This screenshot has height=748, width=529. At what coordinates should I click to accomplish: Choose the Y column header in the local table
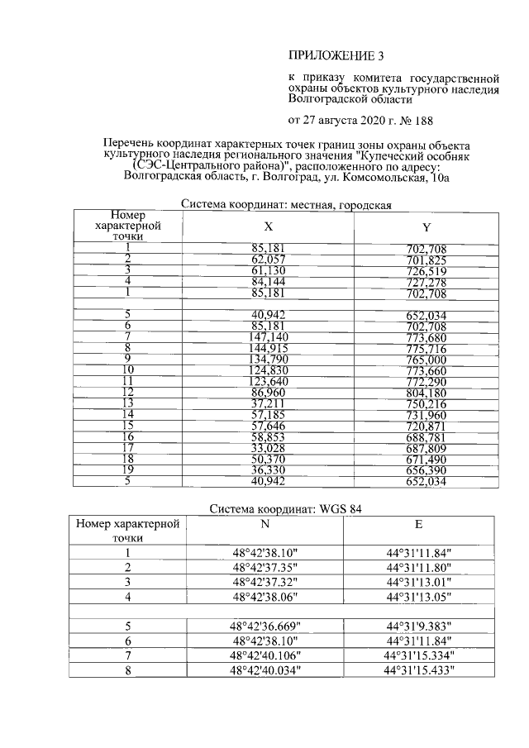(x=426, y=227)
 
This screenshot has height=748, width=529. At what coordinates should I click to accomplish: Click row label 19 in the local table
(x=127, y=469)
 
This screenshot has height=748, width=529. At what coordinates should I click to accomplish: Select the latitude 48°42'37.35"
(x=266, y=568)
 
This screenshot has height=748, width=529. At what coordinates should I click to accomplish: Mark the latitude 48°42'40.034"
(x=266, y=670)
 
